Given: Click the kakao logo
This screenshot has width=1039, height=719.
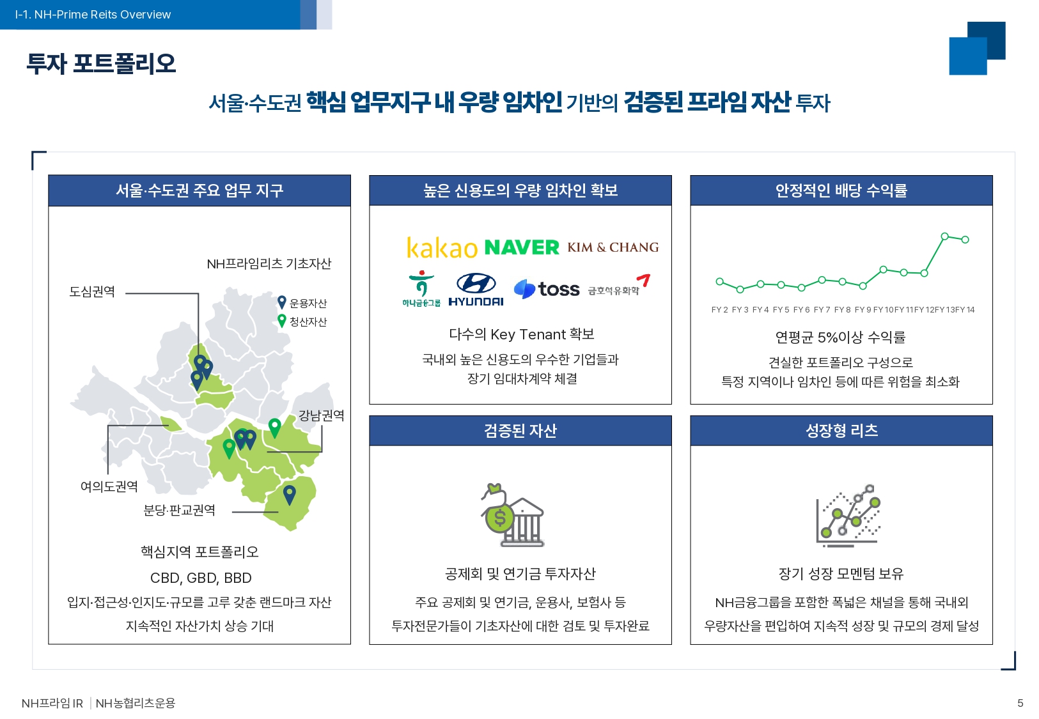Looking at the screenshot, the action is [442, 247].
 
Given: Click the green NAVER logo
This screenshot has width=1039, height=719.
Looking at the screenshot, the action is [522, 247].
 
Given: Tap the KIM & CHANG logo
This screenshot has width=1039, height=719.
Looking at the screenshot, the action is [613, 247].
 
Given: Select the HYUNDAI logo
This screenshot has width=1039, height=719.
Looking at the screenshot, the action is [476, 290].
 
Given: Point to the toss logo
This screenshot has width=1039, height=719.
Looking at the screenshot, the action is [547, 289].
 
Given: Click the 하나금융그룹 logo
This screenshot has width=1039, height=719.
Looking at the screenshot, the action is [421, 289].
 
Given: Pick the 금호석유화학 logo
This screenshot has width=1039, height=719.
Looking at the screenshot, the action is [619, 285].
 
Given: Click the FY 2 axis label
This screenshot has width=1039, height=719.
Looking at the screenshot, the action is [719, 310].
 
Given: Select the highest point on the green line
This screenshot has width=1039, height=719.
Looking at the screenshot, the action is [944, 236].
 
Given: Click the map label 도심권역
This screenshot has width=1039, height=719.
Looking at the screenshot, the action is [92, 291].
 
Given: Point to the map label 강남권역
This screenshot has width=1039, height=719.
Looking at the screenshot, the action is [321, 415].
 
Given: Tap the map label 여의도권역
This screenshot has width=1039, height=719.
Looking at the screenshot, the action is [109, 486].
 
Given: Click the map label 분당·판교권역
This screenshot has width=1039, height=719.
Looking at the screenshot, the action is [179, 511].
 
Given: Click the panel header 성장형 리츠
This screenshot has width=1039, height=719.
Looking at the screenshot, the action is [841, 431].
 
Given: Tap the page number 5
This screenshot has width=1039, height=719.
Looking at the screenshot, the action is [1020, 703].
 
